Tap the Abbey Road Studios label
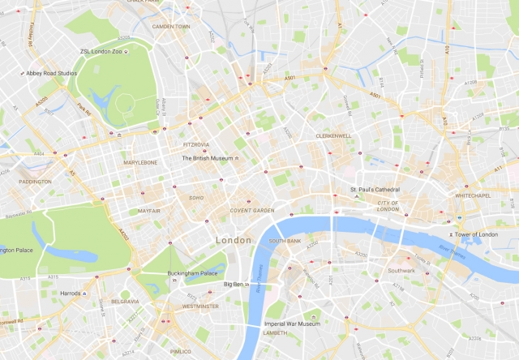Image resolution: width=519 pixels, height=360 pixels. pyautogui.click(x=51, y=71)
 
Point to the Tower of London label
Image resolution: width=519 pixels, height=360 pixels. pyautogui.click(x=474, y=234)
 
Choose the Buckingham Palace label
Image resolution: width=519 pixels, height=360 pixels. pyautogui.click(x=195, y=274)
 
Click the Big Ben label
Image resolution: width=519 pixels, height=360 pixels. pyautogui.click(x=232, y=285)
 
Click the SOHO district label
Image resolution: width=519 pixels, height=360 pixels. pyautogui.click(x=196, y=197)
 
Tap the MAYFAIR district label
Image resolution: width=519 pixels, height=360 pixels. pyautogui.click(x=149, y=210)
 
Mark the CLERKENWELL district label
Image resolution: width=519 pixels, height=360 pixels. pyautogui.click(x=333, y=135)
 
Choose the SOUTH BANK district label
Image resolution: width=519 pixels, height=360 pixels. pyautogui.click(x=285, y=241)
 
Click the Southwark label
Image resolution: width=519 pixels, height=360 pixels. pyautogui.click(x=401, y=270)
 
